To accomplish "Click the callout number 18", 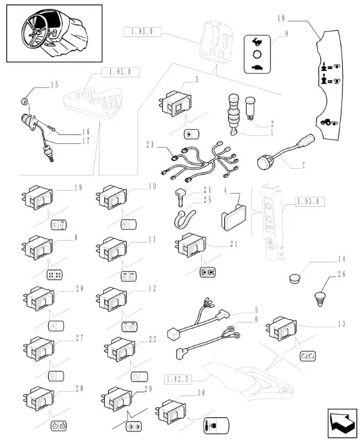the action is [281, 19].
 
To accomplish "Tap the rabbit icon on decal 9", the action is [257, 42].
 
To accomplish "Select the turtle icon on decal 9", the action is [257, 68].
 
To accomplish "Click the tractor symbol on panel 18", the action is [329, 122].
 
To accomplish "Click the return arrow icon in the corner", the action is [342, 423].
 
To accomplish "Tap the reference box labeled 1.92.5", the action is [177, 380].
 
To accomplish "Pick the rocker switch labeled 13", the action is [281, 328].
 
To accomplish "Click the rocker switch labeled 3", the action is [175, 104].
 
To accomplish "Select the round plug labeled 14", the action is [294, 278].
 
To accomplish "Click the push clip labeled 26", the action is [320, 299].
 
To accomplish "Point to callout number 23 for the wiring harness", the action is [150, 145].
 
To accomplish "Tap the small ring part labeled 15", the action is [25, 100].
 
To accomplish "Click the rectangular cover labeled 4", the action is [233, 217].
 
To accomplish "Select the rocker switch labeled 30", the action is [170, 412].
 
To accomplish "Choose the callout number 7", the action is [304, 165].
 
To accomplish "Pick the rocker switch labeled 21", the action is [190, 245].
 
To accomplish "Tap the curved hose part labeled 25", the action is [184, 219].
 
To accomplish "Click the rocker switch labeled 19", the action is [37, 197].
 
